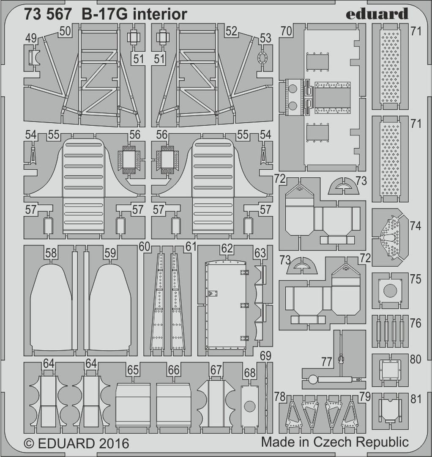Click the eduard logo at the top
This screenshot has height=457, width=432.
pyautogui.click(x=377, y=14)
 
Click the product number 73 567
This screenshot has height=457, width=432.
pyautogui.click(x=49, y=14)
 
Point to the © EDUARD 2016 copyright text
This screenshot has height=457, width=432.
pyautogui.click(x=77, y=443)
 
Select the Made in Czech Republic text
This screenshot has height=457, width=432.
pyautogui.click(x=335, y=442)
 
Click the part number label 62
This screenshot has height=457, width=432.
pyautogui.click(x=227, y=248)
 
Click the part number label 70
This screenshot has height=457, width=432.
pyautogui.click(x=286, y=31)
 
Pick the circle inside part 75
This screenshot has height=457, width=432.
pyautogui.click(x=390, y=290)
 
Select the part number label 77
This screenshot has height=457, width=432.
pyautogui.click(x=326, y=362)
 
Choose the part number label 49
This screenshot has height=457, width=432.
pyautogui.click(x=31, y=39)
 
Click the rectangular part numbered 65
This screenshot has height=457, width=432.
pyautogui.click(x=133, y=404)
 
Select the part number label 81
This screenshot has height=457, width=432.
pyautogui.click(x=416, y=399)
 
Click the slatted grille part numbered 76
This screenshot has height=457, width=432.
pyautogui.click(x=390, y=331)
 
